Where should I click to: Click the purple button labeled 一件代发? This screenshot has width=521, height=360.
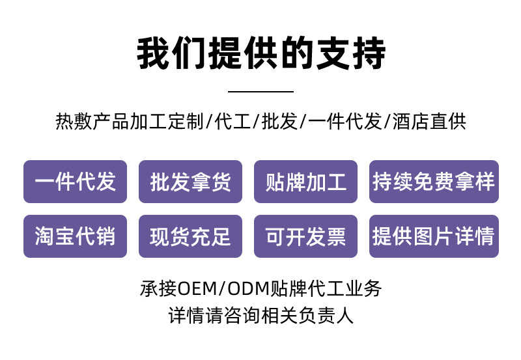(x=75, y=182)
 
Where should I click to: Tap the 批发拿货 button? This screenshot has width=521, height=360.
(x=190, y=182)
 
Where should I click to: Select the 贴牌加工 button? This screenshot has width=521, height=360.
(x=305, y=182)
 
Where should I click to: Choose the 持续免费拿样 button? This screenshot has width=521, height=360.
(x=434, y=182)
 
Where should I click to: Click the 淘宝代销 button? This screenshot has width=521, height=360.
(x=75, y=236)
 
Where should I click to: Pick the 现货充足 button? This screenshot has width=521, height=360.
(x=190, y=236)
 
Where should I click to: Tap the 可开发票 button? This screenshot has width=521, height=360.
(x=305, y=236)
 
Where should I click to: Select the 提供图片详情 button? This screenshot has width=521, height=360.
(x=434, y=236)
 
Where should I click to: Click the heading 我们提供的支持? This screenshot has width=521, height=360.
(x=260, y=53)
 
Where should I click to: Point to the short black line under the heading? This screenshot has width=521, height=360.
(x=260, y=91)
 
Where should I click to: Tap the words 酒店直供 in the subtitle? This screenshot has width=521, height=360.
(x=430, y=122)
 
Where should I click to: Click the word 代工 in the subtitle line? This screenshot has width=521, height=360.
(x=232, y=122)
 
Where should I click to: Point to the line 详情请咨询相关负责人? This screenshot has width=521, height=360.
(x=260, y=316)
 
